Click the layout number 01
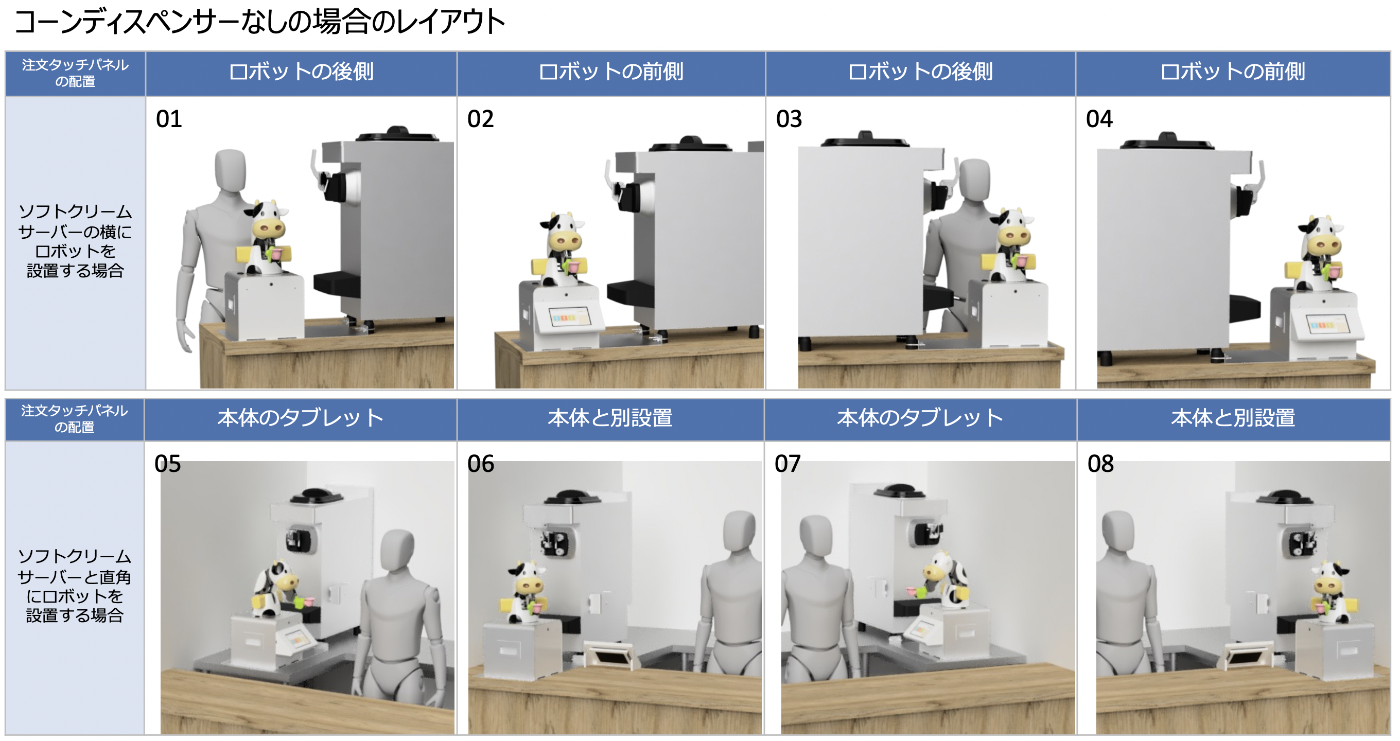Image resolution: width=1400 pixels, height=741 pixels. tap(169, 119)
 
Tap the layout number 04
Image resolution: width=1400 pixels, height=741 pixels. tap(1099, 119)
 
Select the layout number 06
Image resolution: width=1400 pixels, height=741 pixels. tap(480, 464)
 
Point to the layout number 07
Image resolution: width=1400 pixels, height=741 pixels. tap(788, 464)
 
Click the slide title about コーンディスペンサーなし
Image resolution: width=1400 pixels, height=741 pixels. tap(260, 22)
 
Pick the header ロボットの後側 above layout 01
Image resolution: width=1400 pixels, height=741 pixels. tap(301, 72)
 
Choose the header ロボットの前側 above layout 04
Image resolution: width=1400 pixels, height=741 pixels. tap(1233, 72)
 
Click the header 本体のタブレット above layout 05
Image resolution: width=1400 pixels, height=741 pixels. tap(301, 418)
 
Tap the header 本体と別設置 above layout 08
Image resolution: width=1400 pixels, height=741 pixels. tap(1233, 418)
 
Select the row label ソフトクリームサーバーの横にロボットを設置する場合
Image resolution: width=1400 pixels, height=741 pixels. tap(75, 241)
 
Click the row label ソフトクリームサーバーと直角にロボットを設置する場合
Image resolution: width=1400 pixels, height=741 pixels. tap(75, 586)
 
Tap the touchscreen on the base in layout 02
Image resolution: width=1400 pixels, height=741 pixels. tap(568, 316)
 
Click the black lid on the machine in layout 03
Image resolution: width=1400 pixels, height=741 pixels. tap(865, 140)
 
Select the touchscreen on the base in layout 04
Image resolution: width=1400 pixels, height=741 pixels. tap(1328, 324)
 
